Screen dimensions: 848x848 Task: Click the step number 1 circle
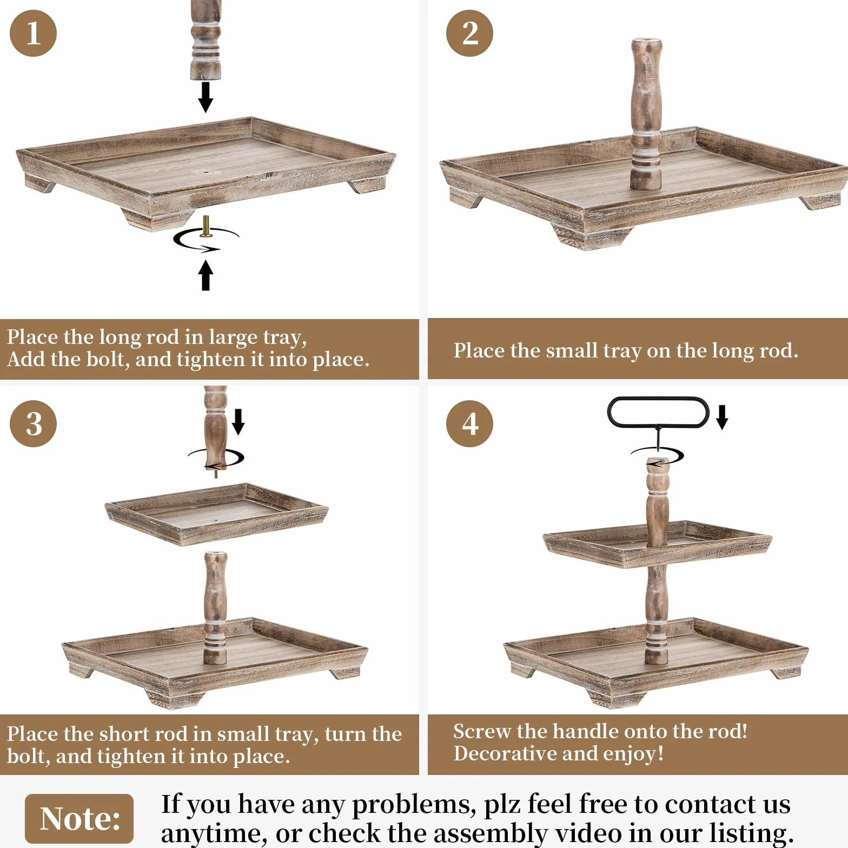[33, 33]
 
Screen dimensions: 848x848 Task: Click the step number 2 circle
[469, 33]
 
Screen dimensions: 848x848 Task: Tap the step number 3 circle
[33, 423]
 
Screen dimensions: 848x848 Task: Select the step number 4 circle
[469, 423]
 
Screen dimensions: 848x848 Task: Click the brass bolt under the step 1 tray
[206, 226]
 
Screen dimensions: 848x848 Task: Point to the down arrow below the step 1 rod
[206, 97]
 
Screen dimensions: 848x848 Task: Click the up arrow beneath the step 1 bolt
[206, 275]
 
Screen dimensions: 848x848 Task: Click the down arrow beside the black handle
[722, 418]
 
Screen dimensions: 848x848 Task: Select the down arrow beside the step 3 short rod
[238, 422]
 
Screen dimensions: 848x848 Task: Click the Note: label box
[79, 818]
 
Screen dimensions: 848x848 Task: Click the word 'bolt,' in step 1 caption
[106, 360]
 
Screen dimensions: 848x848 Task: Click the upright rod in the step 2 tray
[646, 114]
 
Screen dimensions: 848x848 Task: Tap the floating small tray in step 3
[216, 514]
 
